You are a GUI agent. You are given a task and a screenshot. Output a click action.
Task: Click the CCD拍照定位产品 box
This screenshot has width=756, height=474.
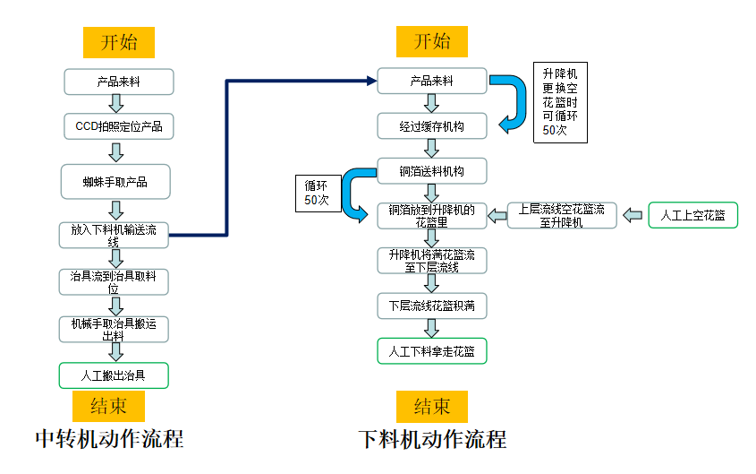point(118,126)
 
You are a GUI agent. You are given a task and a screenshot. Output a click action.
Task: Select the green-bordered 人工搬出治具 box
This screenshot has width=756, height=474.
point(114,375)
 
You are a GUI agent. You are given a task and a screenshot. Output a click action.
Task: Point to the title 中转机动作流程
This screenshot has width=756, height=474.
point(109,439)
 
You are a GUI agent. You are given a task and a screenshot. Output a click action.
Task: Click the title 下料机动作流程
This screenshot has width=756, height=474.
point(432,439)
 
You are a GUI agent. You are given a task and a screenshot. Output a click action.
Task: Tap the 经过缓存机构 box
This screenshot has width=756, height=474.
point(432,126)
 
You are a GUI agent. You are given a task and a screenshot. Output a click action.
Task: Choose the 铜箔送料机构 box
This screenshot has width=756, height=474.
point(432,170)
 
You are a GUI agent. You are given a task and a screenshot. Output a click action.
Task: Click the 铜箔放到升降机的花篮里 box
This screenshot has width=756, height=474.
point(432,216)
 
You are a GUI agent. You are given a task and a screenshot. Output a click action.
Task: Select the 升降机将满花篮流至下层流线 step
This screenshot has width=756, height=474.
point(432,261)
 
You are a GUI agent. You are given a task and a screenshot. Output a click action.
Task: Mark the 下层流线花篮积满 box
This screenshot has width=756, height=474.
point(432,306)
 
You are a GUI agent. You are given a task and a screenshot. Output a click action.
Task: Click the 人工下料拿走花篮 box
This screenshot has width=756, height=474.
point(432,351)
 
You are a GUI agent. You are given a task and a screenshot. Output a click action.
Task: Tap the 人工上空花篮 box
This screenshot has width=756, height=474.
point(692,216)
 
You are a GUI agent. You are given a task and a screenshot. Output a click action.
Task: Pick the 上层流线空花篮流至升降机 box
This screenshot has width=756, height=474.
point(562,216)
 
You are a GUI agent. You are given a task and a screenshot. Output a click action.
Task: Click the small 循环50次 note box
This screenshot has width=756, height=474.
point(316,193)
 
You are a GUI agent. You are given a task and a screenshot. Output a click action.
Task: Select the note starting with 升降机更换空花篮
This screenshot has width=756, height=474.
point(561,102)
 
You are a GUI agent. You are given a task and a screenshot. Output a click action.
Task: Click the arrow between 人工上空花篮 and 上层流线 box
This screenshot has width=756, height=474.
point(633,215)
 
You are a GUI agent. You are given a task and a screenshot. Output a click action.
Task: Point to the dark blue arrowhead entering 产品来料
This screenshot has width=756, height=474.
point(370,81)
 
